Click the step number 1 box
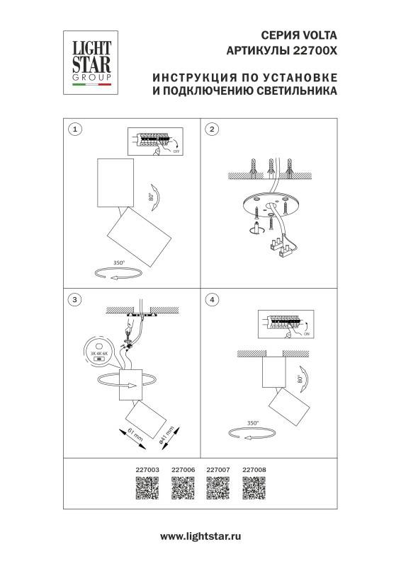click(76, 129)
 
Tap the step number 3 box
click(76, 299)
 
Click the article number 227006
click(182, 469)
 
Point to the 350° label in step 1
click(118, 262)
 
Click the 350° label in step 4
click(253, 423)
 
